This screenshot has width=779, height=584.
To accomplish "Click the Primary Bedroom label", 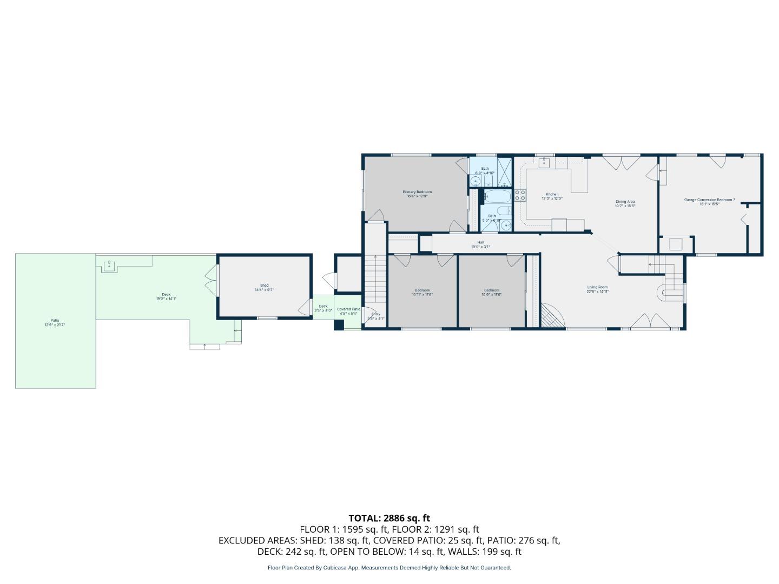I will click(417, 192).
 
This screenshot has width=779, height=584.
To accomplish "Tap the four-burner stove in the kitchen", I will click(520, 195).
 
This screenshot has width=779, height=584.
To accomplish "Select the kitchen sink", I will click(545, 163).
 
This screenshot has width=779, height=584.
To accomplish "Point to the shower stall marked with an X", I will click(505, 171).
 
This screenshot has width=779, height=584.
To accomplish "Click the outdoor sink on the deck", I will click(109, 265).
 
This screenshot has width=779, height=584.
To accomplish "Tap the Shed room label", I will click(264, 286).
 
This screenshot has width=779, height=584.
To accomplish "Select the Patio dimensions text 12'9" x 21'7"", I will click(55, 325).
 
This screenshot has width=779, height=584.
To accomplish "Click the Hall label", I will click(480, 242).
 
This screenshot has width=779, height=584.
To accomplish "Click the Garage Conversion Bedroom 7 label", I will click(709, 200).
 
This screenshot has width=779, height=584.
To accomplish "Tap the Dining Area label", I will click(625, 202).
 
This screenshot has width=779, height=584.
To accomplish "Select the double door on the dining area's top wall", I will click(622, 162).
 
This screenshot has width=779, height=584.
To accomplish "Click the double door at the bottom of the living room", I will click(651, 321).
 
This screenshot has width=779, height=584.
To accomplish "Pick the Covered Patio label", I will click(348, 309).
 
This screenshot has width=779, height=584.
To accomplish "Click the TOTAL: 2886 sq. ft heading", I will click(389, 518).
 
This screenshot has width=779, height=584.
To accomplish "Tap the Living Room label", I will click(598, 287).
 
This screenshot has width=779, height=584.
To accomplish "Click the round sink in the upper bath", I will click(476, 181).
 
